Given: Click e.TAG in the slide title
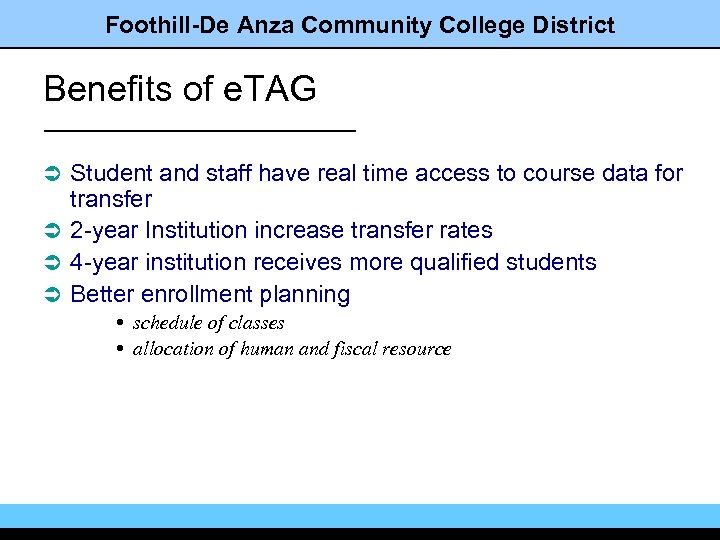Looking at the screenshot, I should pos(268,89).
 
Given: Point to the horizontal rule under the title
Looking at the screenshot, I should pos(200,130).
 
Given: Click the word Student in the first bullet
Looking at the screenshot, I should pos(111,174).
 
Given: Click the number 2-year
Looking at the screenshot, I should pos(104,231).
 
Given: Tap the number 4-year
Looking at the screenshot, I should pos(104,263).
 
